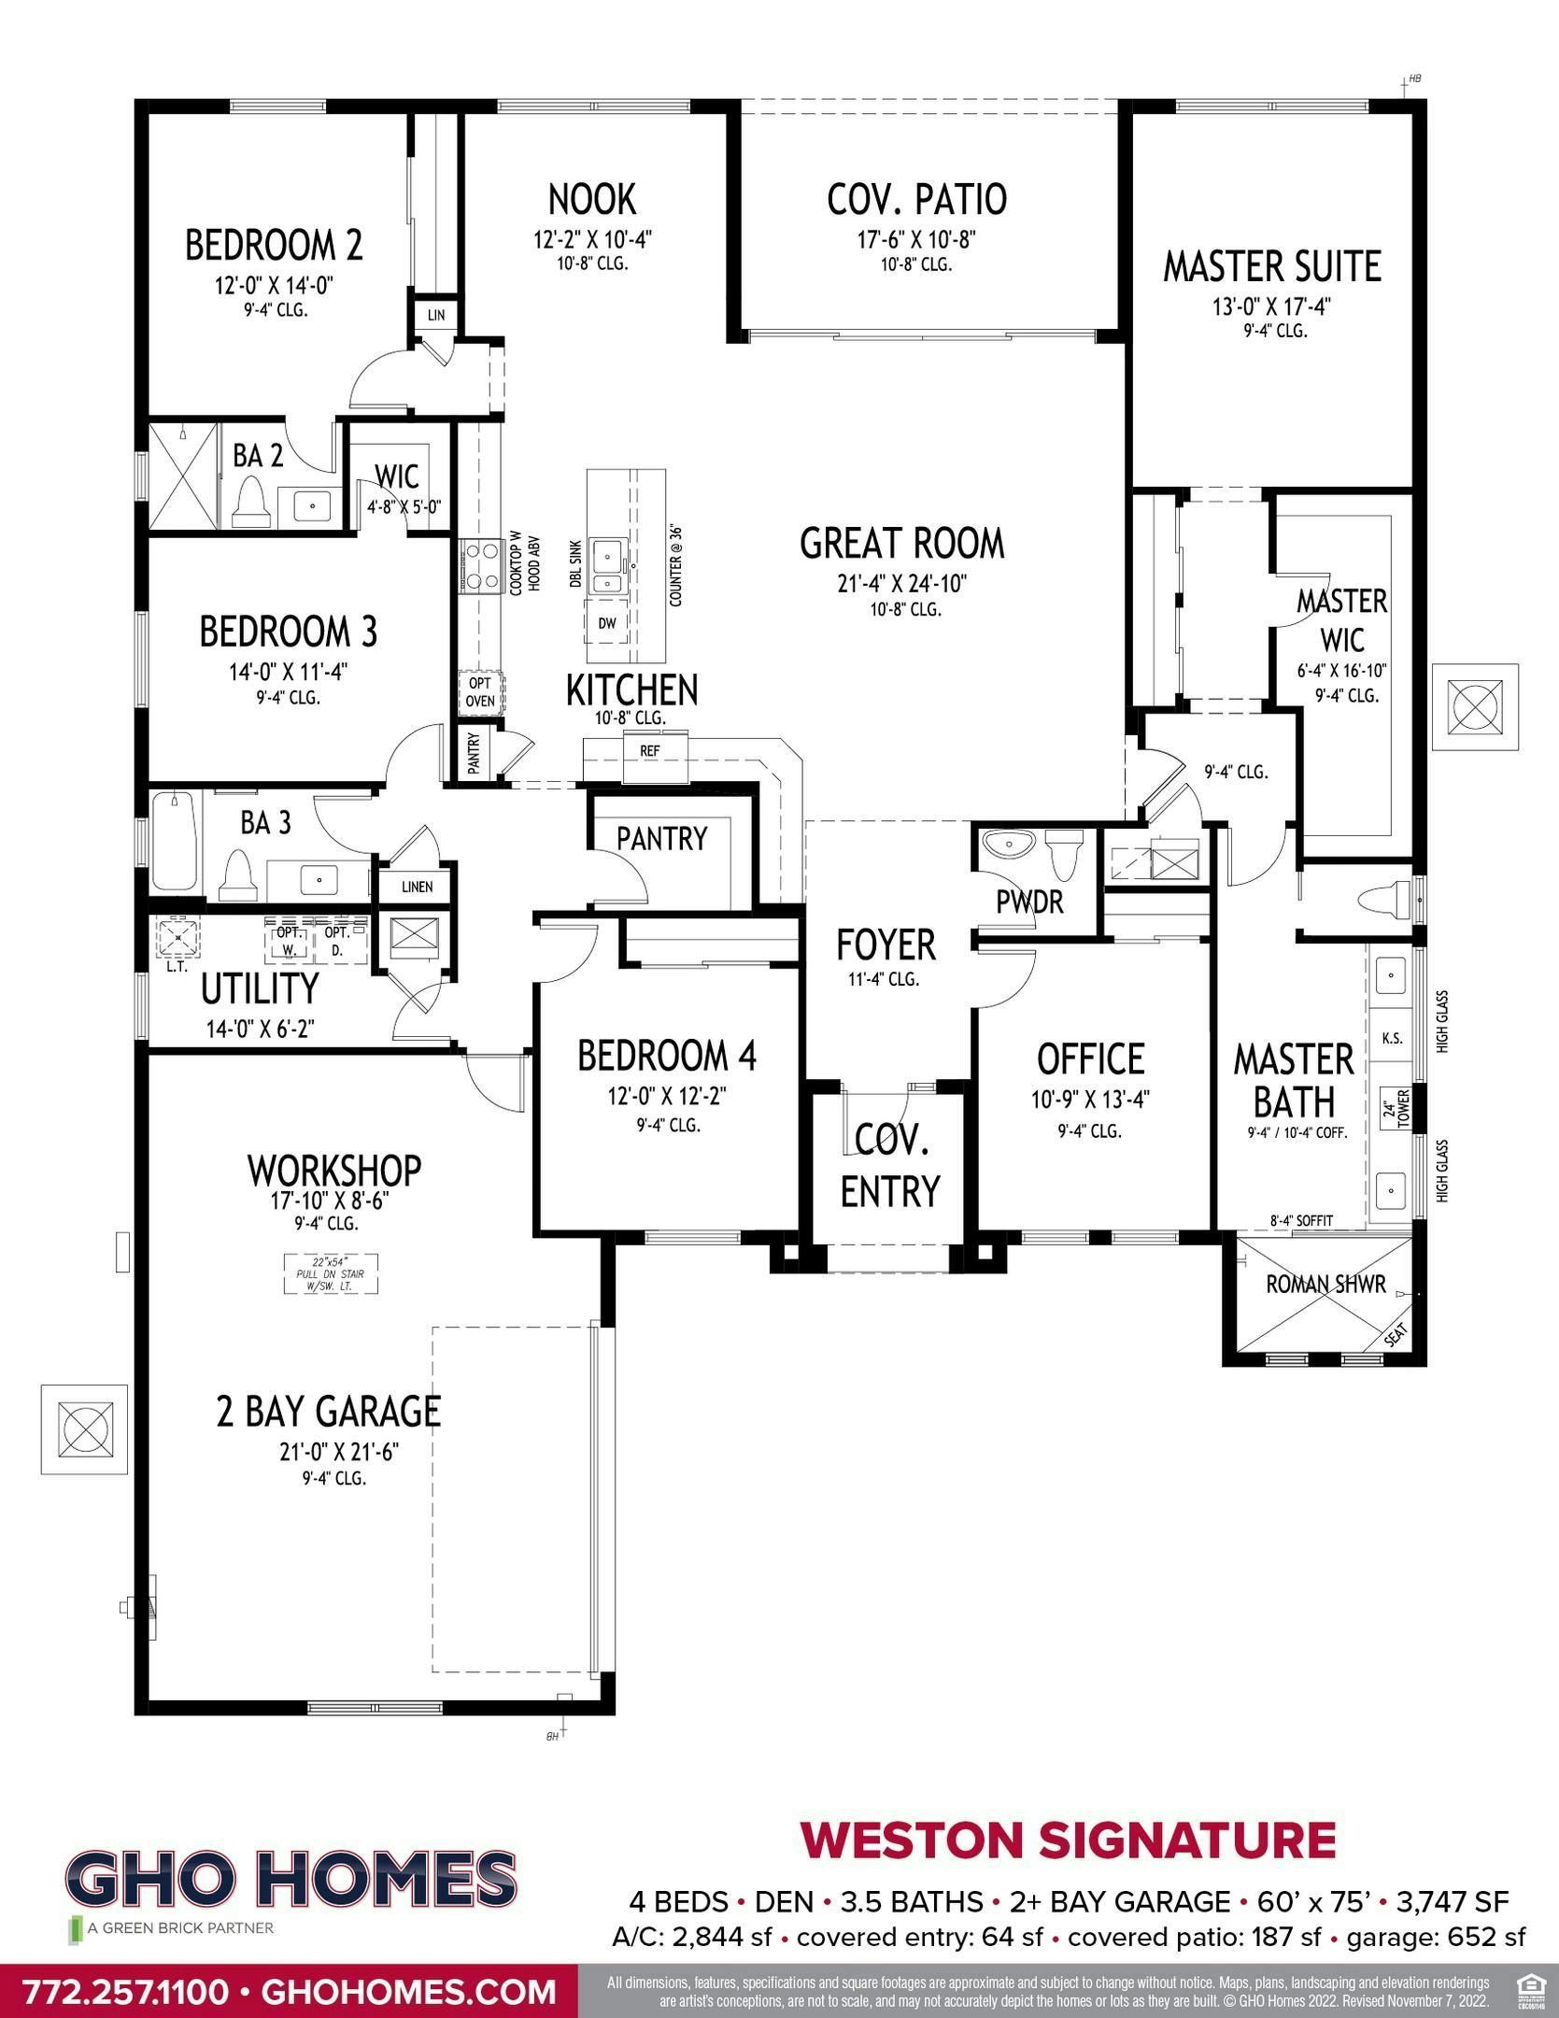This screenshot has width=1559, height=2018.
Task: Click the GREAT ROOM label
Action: point(901,544)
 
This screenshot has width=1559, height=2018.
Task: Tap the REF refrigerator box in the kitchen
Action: point(649,750)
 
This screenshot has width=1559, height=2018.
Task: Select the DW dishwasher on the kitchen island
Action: point(607,623)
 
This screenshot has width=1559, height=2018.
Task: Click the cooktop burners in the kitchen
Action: point(479,567)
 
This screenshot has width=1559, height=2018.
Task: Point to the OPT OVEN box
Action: point(480,692)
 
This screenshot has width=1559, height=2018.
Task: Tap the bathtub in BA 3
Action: point(175,841)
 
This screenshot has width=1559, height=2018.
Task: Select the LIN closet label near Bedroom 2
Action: point(436,316)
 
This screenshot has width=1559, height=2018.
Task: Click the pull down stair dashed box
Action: point(331,1273)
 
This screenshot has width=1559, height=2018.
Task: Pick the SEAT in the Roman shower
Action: point(1395,1337)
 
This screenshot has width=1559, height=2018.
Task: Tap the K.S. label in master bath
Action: point(1391,1038)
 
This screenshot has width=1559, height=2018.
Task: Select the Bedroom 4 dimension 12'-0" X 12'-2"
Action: point(666,1097)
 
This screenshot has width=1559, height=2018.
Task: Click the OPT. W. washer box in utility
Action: point(286,941)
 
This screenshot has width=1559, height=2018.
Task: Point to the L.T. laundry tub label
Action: point(177,967)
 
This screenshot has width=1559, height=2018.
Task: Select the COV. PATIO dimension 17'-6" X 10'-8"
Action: point(916,241)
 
